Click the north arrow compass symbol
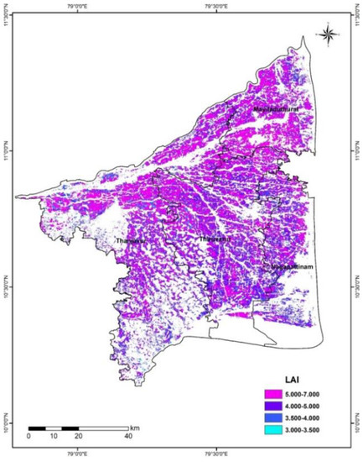329,34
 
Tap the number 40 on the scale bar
127,435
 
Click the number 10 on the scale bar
54,435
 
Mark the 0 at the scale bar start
29,435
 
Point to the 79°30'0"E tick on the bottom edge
218,454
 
